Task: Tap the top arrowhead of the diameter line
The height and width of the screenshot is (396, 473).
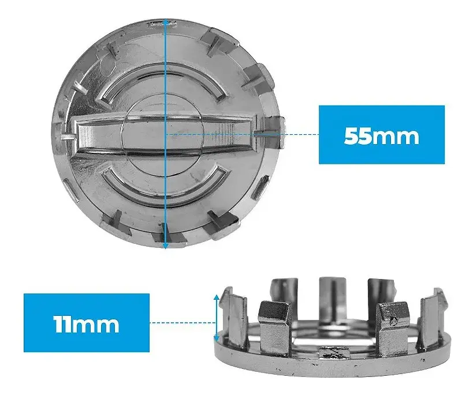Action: [165, 22]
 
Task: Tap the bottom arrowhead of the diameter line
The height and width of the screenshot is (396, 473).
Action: [165, 246]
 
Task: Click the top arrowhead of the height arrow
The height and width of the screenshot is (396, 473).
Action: [217, 298]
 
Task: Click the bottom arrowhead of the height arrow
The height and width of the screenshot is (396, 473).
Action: [217, 339]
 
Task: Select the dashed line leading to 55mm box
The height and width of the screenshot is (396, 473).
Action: [243, 134]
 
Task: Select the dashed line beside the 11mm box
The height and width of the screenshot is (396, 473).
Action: [183, 323]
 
